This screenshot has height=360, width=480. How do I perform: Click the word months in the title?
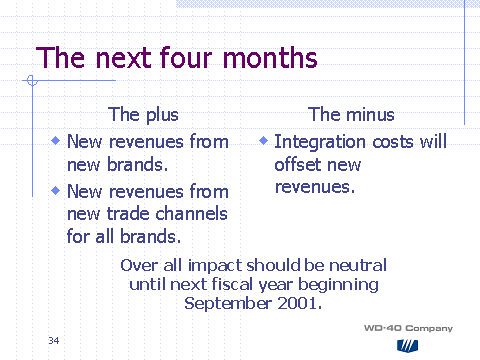click(x=270, y=58)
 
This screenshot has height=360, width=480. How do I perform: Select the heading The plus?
click(x=143, y=115)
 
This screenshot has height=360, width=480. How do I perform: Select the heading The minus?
click(x=351, y=114)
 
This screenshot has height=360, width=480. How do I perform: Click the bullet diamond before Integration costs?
click(x=263, y=141)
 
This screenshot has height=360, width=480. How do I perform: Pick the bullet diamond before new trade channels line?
click(x=56, y=190)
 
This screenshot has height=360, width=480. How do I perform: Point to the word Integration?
click(x=320, y=142)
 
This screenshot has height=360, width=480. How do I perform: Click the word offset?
click(x=296, y=164)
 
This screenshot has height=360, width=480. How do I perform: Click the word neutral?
click(x=358, y=265)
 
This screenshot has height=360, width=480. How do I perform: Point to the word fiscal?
click(x=232, y=284)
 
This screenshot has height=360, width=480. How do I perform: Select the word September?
click(x=228, y=304)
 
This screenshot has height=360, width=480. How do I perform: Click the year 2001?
click(x=297, y=303)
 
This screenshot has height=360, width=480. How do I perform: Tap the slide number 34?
click(x=54, y=340)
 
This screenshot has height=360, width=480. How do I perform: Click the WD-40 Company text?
click(x=408, y=328)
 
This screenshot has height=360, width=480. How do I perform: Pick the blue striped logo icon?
click(x=407, y=346)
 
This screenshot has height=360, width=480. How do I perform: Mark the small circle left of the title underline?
click(x=32, y=80)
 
